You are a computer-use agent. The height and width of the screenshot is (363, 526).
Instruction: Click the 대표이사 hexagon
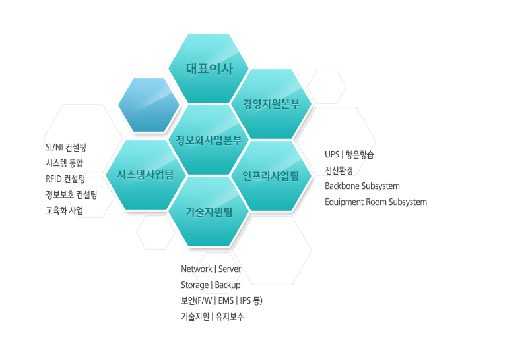pos(209,69)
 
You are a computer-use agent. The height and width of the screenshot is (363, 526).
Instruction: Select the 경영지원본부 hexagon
pos(271,104)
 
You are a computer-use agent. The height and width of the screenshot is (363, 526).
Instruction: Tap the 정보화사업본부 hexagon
pos(209,140)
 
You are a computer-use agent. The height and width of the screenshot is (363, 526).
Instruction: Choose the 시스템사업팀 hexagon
pos(146,175)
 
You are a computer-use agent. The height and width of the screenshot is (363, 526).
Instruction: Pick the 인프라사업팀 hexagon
pos(271,176)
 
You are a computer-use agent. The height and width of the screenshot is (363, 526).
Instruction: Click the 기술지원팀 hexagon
pos(209,211)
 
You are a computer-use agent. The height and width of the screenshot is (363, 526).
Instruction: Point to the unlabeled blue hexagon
pos(149,105)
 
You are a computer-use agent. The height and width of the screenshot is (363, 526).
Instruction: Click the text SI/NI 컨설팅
pos(66,148)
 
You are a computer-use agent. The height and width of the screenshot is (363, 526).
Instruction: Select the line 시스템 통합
pos(65,163)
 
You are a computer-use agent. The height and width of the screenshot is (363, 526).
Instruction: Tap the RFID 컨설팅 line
pos(65,179)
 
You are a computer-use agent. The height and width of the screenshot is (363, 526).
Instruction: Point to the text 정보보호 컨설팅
pos(71,194)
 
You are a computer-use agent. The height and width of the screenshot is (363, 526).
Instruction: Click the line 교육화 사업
pos(65,210)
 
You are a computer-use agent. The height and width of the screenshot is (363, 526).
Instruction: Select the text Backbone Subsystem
pos(362,186)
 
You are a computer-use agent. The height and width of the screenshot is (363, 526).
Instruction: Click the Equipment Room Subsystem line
pos(376,202)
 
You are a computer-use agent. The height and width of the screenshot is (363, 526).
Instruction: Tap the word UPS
pos(332,154)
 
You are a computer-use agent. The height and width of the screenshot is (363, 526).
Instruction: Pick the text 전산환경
pos(339,171)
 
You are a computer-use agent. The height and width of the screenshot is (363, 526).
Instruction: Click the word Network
pos(197,269)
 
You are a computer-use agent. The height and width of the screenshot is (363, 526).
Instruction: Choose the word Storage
pos(195,285)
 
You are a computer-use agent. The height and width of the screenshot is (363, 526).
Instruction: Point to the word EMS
pos(226,300)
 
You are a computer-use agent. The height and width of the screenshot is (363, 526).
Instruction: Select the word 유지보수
pos(230,316)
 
